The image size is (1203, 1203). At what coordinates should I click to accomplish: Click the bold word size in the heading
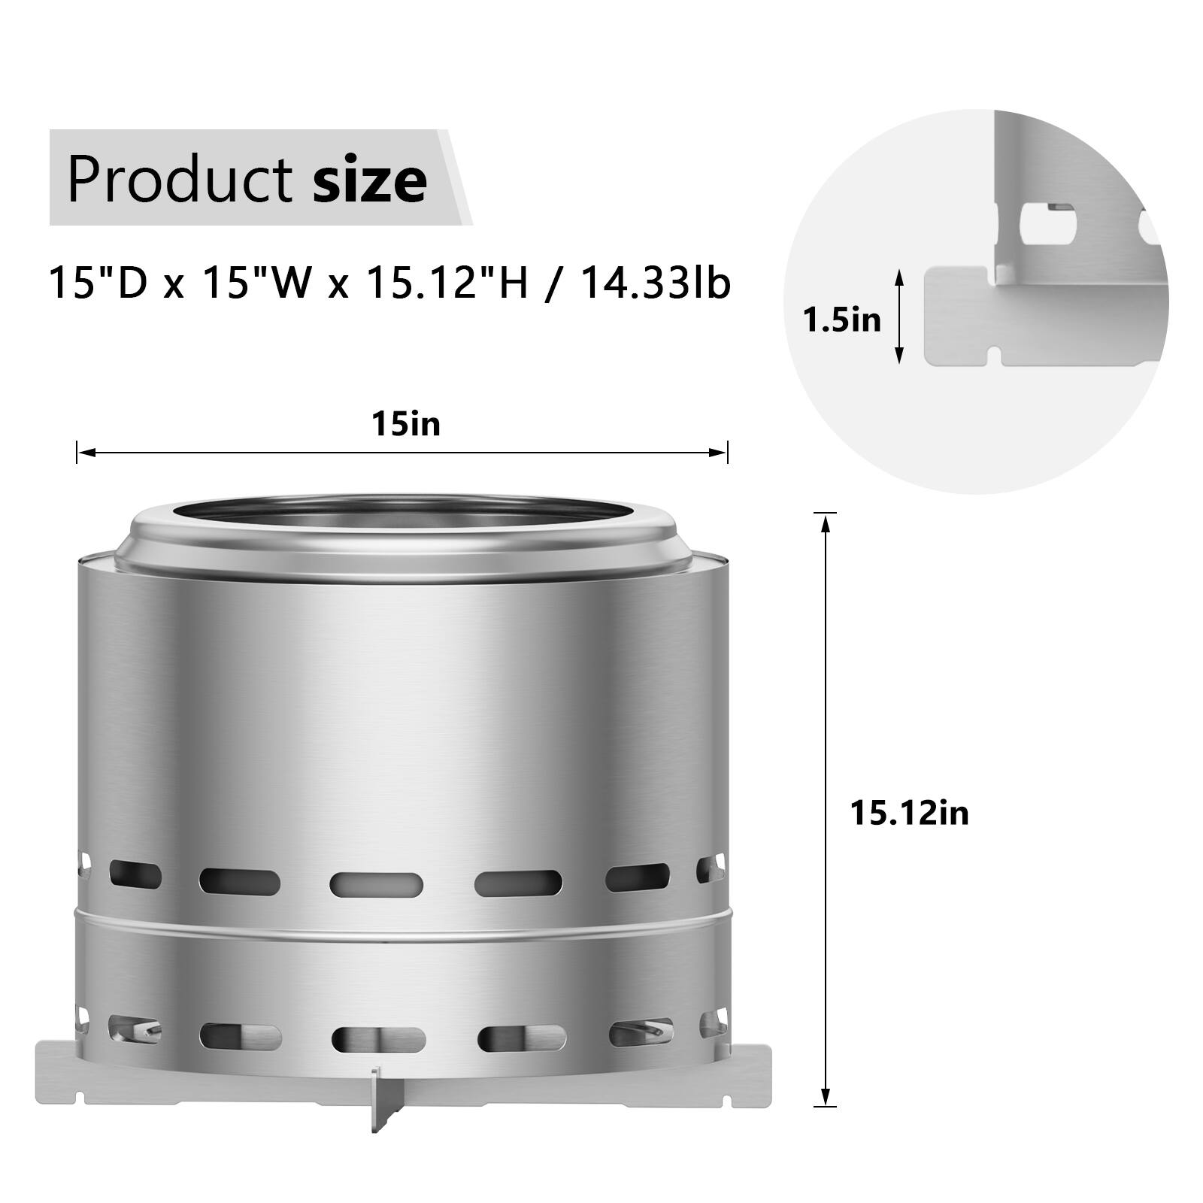pyautogui.click(x=370, y=180)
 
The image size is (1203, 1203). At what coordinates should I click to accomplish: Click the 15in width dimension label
pyautogui.click(x=405, y=425)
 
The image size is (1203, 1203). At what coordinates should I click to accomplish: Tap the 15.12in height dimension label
pyautogui.click(x=909, y=814)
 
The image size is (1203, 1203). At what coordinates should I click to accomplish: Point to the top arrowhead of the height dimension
pyautogui.click(x=826, y=523)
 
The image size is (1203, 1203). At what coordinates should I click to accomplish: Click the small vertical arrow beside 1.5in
pyautogui.click(x=898, y=318)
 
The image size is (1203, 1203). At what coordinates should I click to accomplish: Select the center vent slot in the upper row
pyautogui.click(x=376, y=883)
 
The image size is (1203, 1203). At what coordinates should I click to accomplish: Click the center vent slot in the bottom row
pyautogui.click(x=378, y=1039)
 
